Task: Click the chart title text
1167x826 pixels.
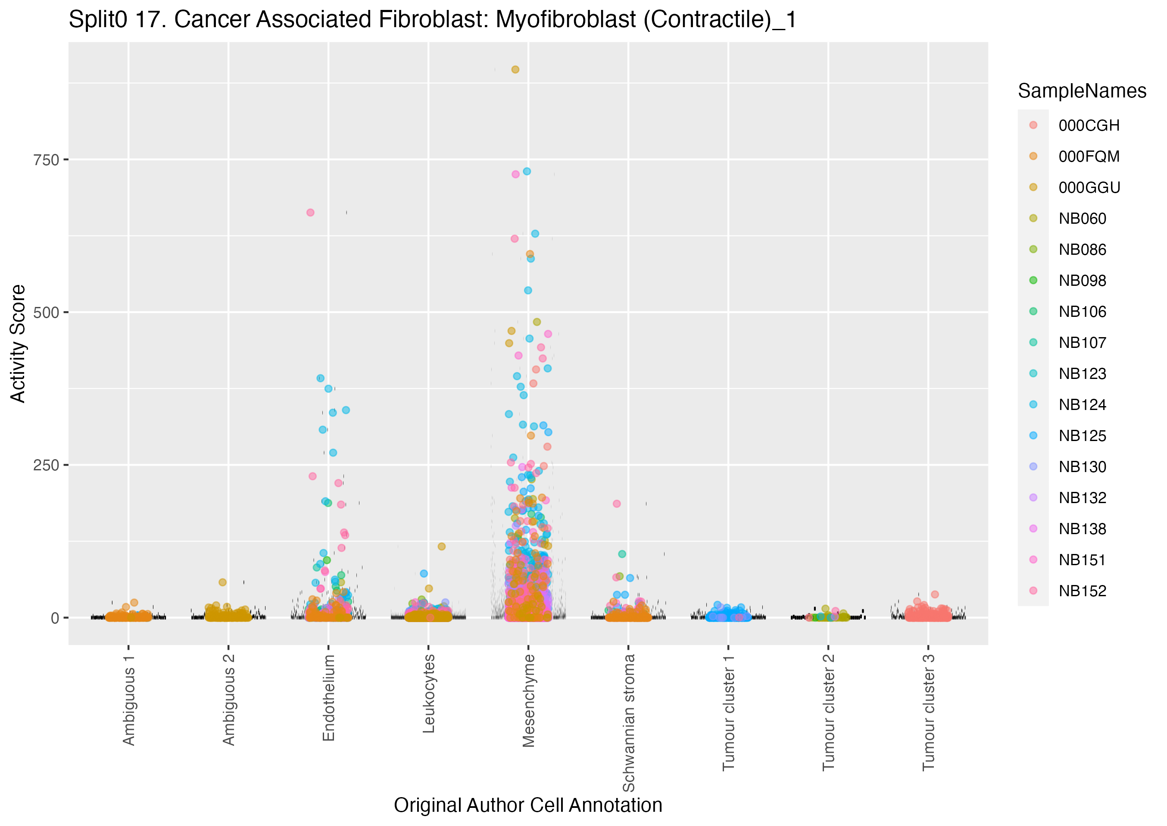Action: click(x=432, y=20)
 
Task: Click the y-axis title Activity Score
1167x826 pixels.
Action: click(x=18, y=344)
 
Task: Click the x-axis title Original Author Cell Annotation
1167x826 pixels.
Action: click(x=527, y=806)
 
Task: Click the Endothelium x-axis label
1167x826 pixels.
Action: click(x=329, y=698)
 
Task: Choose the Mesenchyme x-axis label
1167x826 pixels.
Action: click(x=529, y=701)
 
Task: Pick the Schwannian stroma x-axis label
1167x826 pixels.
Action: click(x=629, y=722)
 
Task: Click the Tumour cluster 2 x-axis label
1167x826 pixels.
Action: click(x=828, y=712)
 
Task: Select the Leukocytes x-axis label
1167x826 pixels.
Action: click(x=429, y=694)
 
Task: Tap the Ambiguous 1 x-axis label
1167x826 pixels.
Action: click(x=128, y=700)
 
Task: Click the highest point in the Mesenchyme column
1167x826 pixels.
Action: click(x=515, y=70)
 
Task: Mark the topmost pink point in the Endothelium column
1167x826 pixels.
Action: click(x=310, y=213)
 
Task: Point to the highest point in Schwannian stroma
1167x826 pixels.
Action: click(x=617, y=504)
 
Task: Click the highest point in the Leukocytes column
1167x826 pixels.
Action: click(x=442, y=547)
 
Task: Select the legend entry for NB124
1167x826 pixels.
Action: click(x=1082, y=405)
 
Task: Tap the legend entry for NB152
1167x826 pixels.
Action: click(x=1082, y=591)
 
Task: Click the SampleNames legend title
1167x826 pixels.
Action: click(x=1082, y=91)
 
